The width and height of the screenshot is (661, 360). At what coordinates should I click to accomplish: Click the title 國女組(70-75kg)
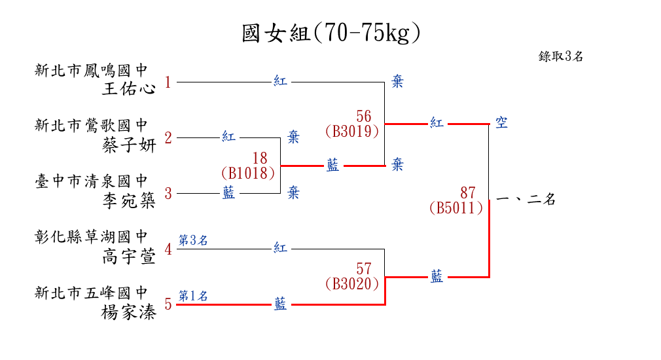pos(330,33)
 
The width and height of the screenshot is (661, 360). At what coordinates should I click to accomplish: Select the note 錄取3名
pos(561,56)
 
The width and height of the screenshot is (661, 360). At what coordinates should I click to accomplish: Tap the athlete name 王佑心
pos(130,88)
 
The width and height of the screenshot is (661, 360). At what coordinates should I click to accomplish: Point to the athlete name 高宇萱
pos(130,257)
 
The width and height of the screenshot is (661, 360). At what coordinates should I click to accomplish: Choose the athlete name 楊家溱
pos(130,312)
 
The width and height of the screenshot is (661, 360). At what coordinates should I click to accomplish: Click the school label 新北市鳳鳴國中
pos(92,69)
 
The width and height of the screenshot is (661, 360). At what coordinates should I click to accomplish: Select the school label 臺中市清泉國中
pos(92,181)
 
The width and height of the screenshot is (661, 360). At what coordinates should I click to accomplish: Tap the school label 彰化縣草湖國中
pos(92,237)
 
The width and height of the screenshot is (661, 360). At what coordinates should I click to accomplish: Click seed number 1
pos(168,82)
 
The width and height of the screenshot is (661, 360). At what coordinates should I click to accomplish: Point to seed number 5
pos(168,304)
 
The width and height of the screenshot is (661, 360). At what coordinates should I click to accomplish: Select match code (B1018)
pos(247,173)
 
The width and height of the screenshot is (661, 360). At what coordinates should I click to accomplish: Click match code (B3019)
pos(352,131)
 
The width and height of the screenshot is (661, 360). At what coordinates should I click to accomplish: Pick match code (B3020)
pos(352,283)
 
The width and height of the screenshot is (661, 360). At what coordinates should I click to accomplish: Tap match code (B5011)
pos(456,208)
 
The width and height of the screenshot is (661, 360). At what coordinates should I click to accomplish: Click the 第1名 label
pos(193,297)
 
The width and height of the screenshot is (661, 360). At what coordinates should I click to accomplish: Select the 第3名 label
pos(193,241)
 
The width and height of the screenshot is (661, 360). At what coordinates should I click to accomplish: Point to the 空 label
pos(501,123)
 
